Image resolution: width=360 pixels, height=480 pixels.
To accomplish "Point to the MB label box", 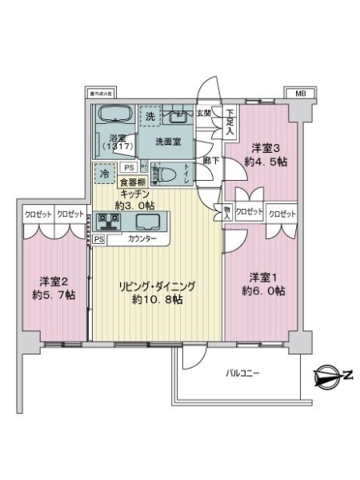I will [300, 94].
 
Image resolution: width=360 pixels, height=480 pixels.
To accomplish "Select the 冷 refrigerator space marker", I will [105, 172].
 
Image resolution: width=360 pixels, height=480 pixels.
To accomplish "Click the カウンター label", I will [142, 239].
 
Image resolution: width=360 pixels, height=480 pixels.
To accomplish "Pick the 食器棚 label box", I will [134, 182].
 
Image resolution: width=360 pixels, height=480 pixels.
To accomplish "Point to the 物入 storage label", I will [226, 211].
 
